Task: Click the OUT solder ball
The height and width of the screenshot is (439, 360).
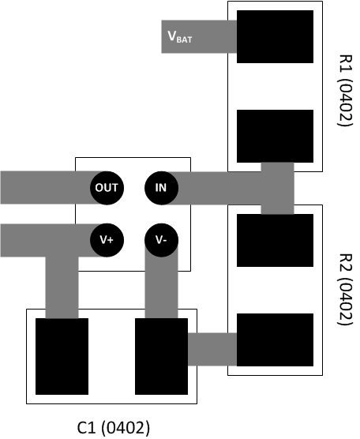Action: (106, 188)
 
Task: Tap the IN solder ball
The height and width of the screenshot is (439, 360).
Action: (161, 188)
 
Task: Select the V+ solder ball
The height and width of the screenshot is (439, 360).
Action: (106, 239)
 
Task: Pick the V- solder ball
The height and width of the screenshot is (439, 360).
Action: (161, 239)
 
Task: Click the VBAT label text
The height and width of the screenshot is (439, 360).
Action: (179, 36)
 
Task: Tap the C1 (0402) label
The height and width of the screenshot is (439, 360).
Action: (113, 427)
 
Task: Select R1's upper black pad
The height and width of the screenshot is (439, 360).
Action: (275, 37)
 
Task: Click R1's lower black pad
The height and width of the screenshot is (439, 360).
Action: (275, 136)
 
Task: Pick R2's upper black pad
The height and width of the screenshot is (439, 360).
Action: (275, 240)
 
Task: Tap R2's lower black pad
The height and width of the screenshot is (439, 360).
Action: (275, 340)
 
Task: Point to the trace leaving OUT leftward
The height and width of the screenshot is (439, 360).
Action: (43, 188)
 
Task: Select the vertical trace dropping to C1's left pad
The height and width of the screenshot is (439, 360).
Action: (62, 284)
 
